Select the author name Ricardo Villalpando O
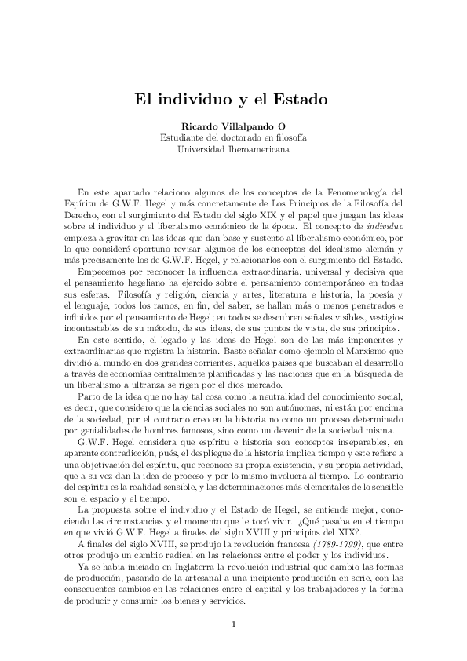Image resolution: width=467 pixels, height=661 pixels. [x=233, y=126]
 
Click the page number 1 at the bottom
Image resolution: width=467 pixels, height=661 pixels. [x=234, y=624]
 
